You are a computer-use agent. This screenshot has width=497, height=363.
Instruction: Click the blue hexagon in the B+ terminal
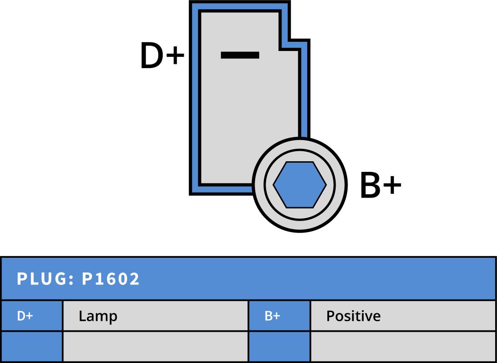pyautogui.click(x=300, y=184)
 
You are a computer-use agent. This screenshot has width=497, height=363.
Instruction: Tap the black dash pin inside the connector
pyautogui.click(x=240, y=55)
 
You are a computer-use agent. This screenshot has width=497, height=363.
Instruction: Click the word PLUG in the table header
pyautogui.click(x=42, y=279)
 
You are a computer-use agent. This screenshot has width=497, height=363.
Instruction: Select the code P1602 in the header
pyautogui.click(x=111, y=279)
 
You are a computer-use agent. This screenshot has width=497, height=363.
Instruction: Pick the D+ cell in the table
pyautogui.click(x=25, y=316)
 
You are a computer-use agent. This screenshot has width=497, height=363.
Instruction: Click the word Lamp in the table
pyautogui.click(x=98, y=316)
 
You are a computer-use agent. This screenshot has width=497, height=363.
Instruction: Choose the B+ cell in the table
pyautogui.click(x=272, y=316)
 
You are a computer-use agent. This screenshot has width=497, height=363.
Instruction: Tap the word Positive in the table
pyautogui.click(x=353, y=316)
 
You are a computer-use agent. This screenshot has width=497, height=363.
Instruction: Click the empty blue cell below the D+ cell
pyautogui.click(x=31, y=346)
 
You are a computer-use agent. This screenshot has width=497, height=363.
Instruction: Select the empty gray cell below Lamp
pyautogui.click(x=155, y=346)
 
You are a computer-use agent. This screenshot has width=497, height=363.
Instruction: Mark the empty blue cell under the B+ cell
pyautogui.click(x=279, y=346)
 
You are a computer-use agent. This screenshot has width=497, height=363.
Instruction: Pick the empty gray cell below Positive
pyautogui.click(x=403, y=346)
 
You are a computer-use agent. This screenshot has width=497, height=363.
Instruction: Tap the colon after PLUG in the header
pyautogui.click(x=71, y=279)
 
